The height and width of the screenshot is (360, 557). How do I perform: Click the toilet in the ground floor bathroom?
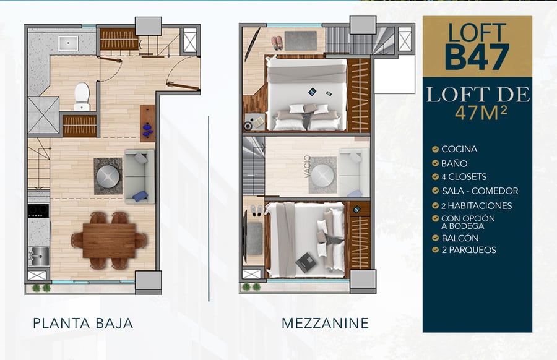(x=82, y=96)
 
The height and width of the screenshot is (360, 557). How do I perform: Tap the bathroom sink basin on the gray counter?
(x=68, y=43)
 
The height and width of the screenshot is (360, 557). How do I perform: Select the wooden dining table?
(x=109, y=241)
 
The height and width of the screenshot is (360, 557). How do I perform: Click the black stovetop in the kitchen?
(x=38, y=210)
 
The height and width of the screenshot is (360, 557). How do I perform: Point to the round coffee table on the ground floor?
(x=108, y=176)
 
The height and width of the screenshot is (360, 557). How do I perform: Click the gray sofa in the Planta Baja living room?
(x=139, y=176)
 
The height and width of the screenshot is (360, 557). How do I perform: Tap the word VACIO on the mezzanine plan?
(x=307, y=166)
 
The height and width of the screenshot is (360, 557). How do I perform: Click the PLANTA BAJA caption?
(x=83, y=324)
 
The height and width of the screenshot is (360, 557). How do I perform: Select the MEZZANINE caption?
(x=325, y=324)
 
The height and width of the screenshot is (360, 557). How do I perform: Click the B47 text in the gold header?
(x=477, y=57)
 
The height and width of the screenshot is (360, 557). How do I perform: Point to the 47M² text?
(x=481, y=113)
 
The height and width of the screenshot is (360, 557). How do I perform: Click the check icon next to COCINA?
(x=435, y=149)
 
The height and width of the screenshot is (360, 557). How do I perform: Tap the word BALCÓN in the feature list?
(x=460, y=238)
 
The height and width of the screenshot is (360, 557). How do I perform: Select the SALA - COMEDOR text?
(x=480, y=191)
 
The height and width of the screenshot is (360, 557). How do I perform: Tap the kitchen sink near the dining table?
(x=39, y=255)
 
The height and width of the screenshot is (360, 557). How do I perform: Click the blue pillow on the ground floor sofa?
(x=140, y=196)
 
